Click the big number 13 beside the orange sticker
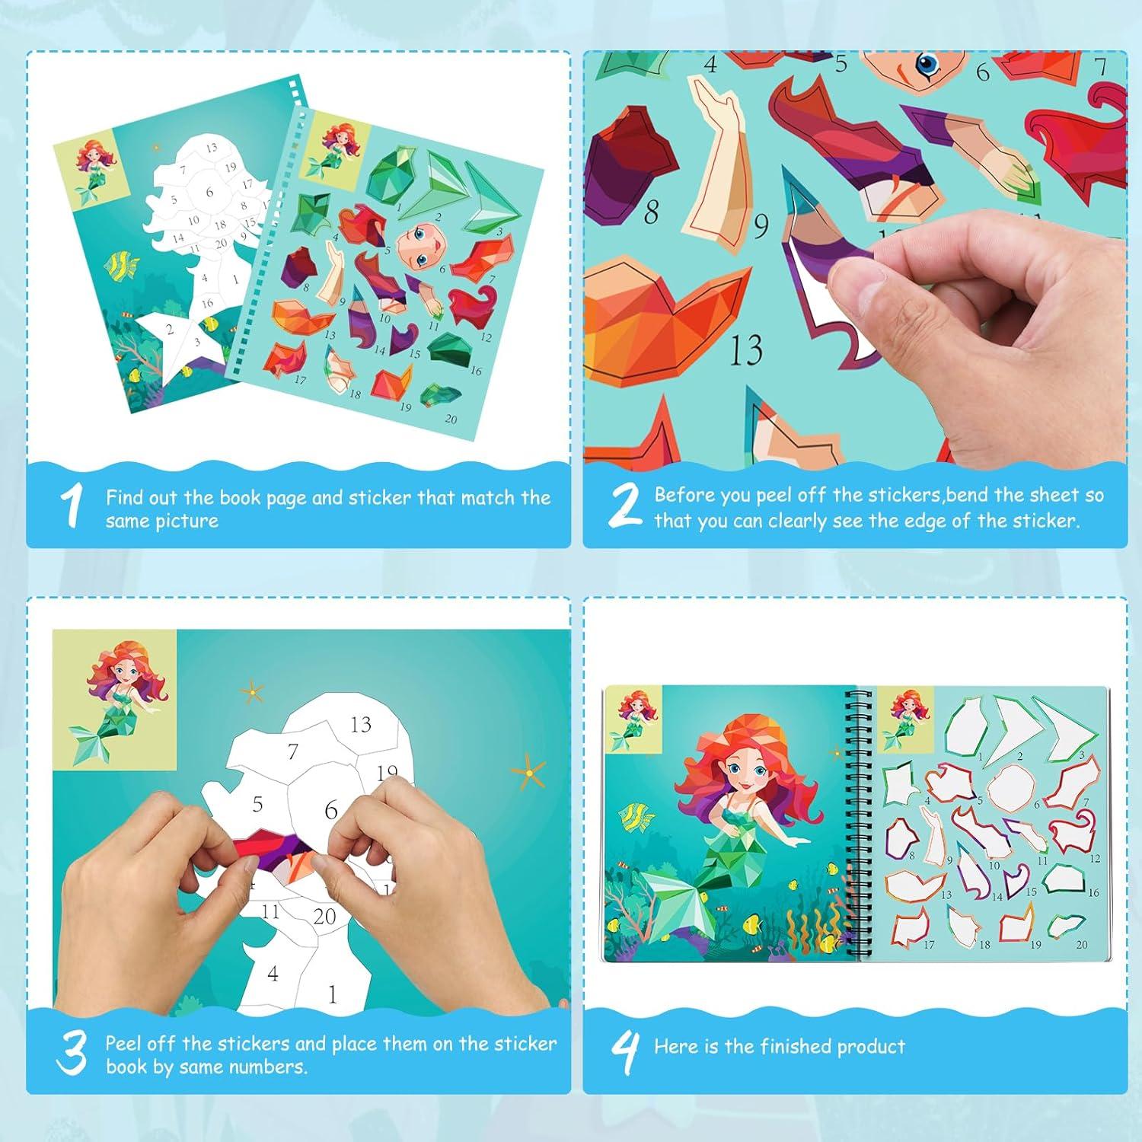745,350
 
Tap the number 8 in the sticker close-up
651,212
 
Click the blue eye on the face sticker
926,66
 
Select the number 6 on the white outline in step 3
330,810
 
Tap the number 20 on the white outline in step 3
324,917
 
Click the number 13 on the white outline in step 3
360,724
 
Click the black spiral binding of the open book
862,822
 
